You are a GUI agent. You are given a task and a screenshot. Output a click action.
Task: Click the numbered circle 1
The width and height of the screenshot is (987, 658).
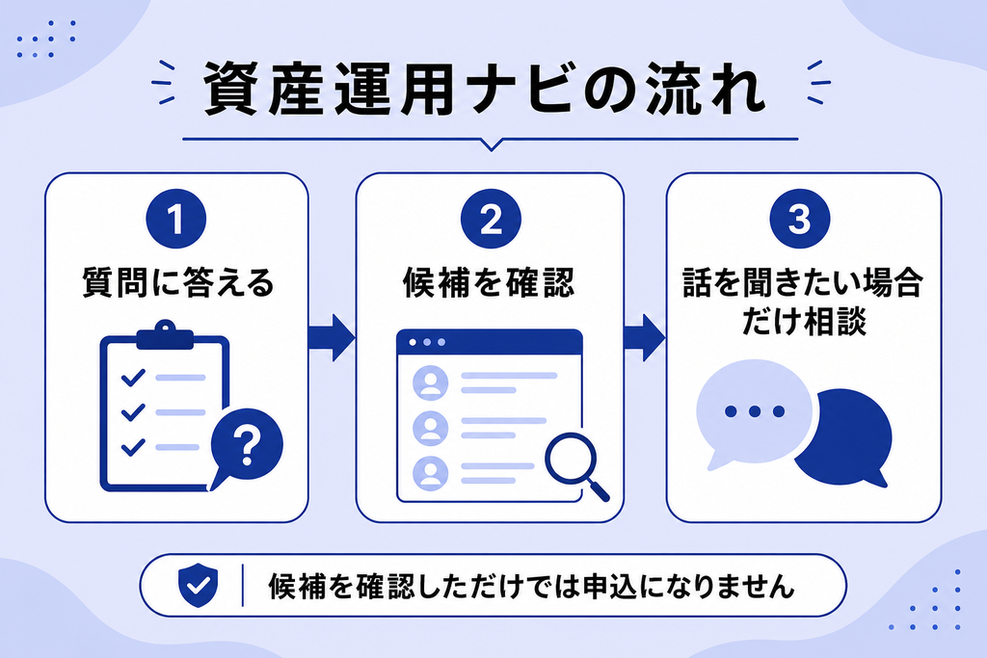pyautogui.click(x=176, y=219)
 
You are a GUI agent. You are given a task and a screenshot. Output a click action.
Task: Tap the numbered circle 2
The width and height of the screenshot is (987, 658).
pyautogui.click(x=491, y=219)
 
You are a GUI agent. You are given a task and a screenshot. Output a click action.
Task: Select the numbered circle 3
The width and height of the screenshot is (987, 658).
pyautogui.click(x=800, y=219)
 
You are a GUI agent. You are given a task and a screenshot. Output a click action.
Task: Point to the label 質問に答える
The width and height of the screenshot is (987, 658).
pyautogui.click(x=178, y=282)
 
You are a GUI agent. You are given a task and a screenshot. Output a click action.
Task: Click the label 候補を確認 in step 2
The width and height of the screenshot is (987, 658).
pyautogui.click(x=489, y=282)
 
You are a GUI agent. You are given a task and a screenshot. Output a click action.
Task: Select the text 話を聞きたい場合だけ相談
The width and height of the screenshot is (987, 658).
pyautogui.click(x=804, y=302)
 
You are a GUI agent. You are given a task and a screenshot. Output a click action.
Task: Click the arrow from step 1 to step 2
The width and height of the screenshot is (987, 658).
pyautogui.click(x=332, y=338)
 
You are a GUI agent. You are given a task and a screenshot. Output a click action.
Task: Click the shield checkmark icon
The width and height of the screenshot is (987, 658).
pyautogui.click(x=198, y=585)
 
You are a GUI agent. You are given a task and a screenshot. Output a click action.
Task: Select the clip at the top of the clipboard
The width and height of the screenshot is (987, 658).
pyautogui.click(x=165, y=335)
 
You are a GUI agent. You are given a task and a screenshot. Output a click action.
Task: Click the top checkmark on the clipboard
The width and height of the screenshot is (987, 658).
pyautogui.click(x=133, y=377)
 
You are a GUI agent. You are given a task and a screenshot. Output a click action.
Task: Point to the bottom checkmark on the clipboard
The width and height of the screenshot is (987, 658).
pyautogui.click(x=133, y=447)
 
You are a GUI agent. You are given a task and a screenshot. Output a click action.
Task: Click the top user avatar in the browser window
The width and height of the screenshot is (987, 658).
pyautogui.click(x=431, y=382)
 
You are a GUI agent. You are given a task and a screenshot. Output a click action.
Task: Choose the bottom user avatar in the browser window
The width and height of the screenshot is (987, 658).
pyautogui.click(x=431, y=473)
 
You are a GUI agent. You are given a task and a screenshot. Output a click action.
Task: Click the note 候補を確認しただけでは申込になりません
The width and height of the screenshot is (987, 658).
pyautogui.click(x=532, y=587)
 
